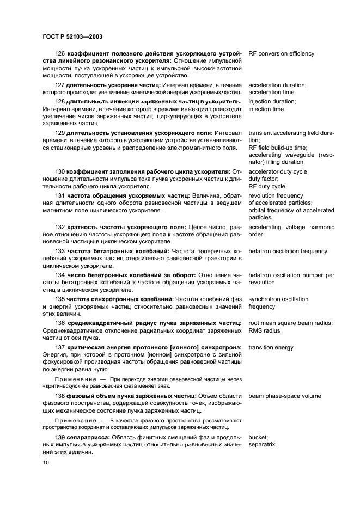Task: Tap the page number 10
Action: coord(45,462)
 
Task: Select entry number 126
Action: coord(60,54)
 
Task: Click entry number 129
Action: coord(60,133)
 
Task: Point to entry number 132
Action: coord(60,227)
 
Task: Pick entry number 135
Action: coord(60,299)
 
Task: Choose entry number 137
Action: coord(60,347)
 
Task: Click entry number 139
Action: coord(60,437)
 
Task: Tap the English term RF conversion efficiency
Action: coord(281,54)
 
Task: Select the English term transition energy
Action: coord(271,347)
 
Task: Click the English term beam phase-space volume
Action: coord(284,396)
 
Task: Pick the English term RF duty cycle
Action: coord(267,186)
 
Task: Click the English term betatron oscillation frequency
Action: coord(288,251)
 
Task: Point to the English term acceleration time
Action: coord(271,92)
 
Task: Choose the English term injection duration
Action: coord(272,102)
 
